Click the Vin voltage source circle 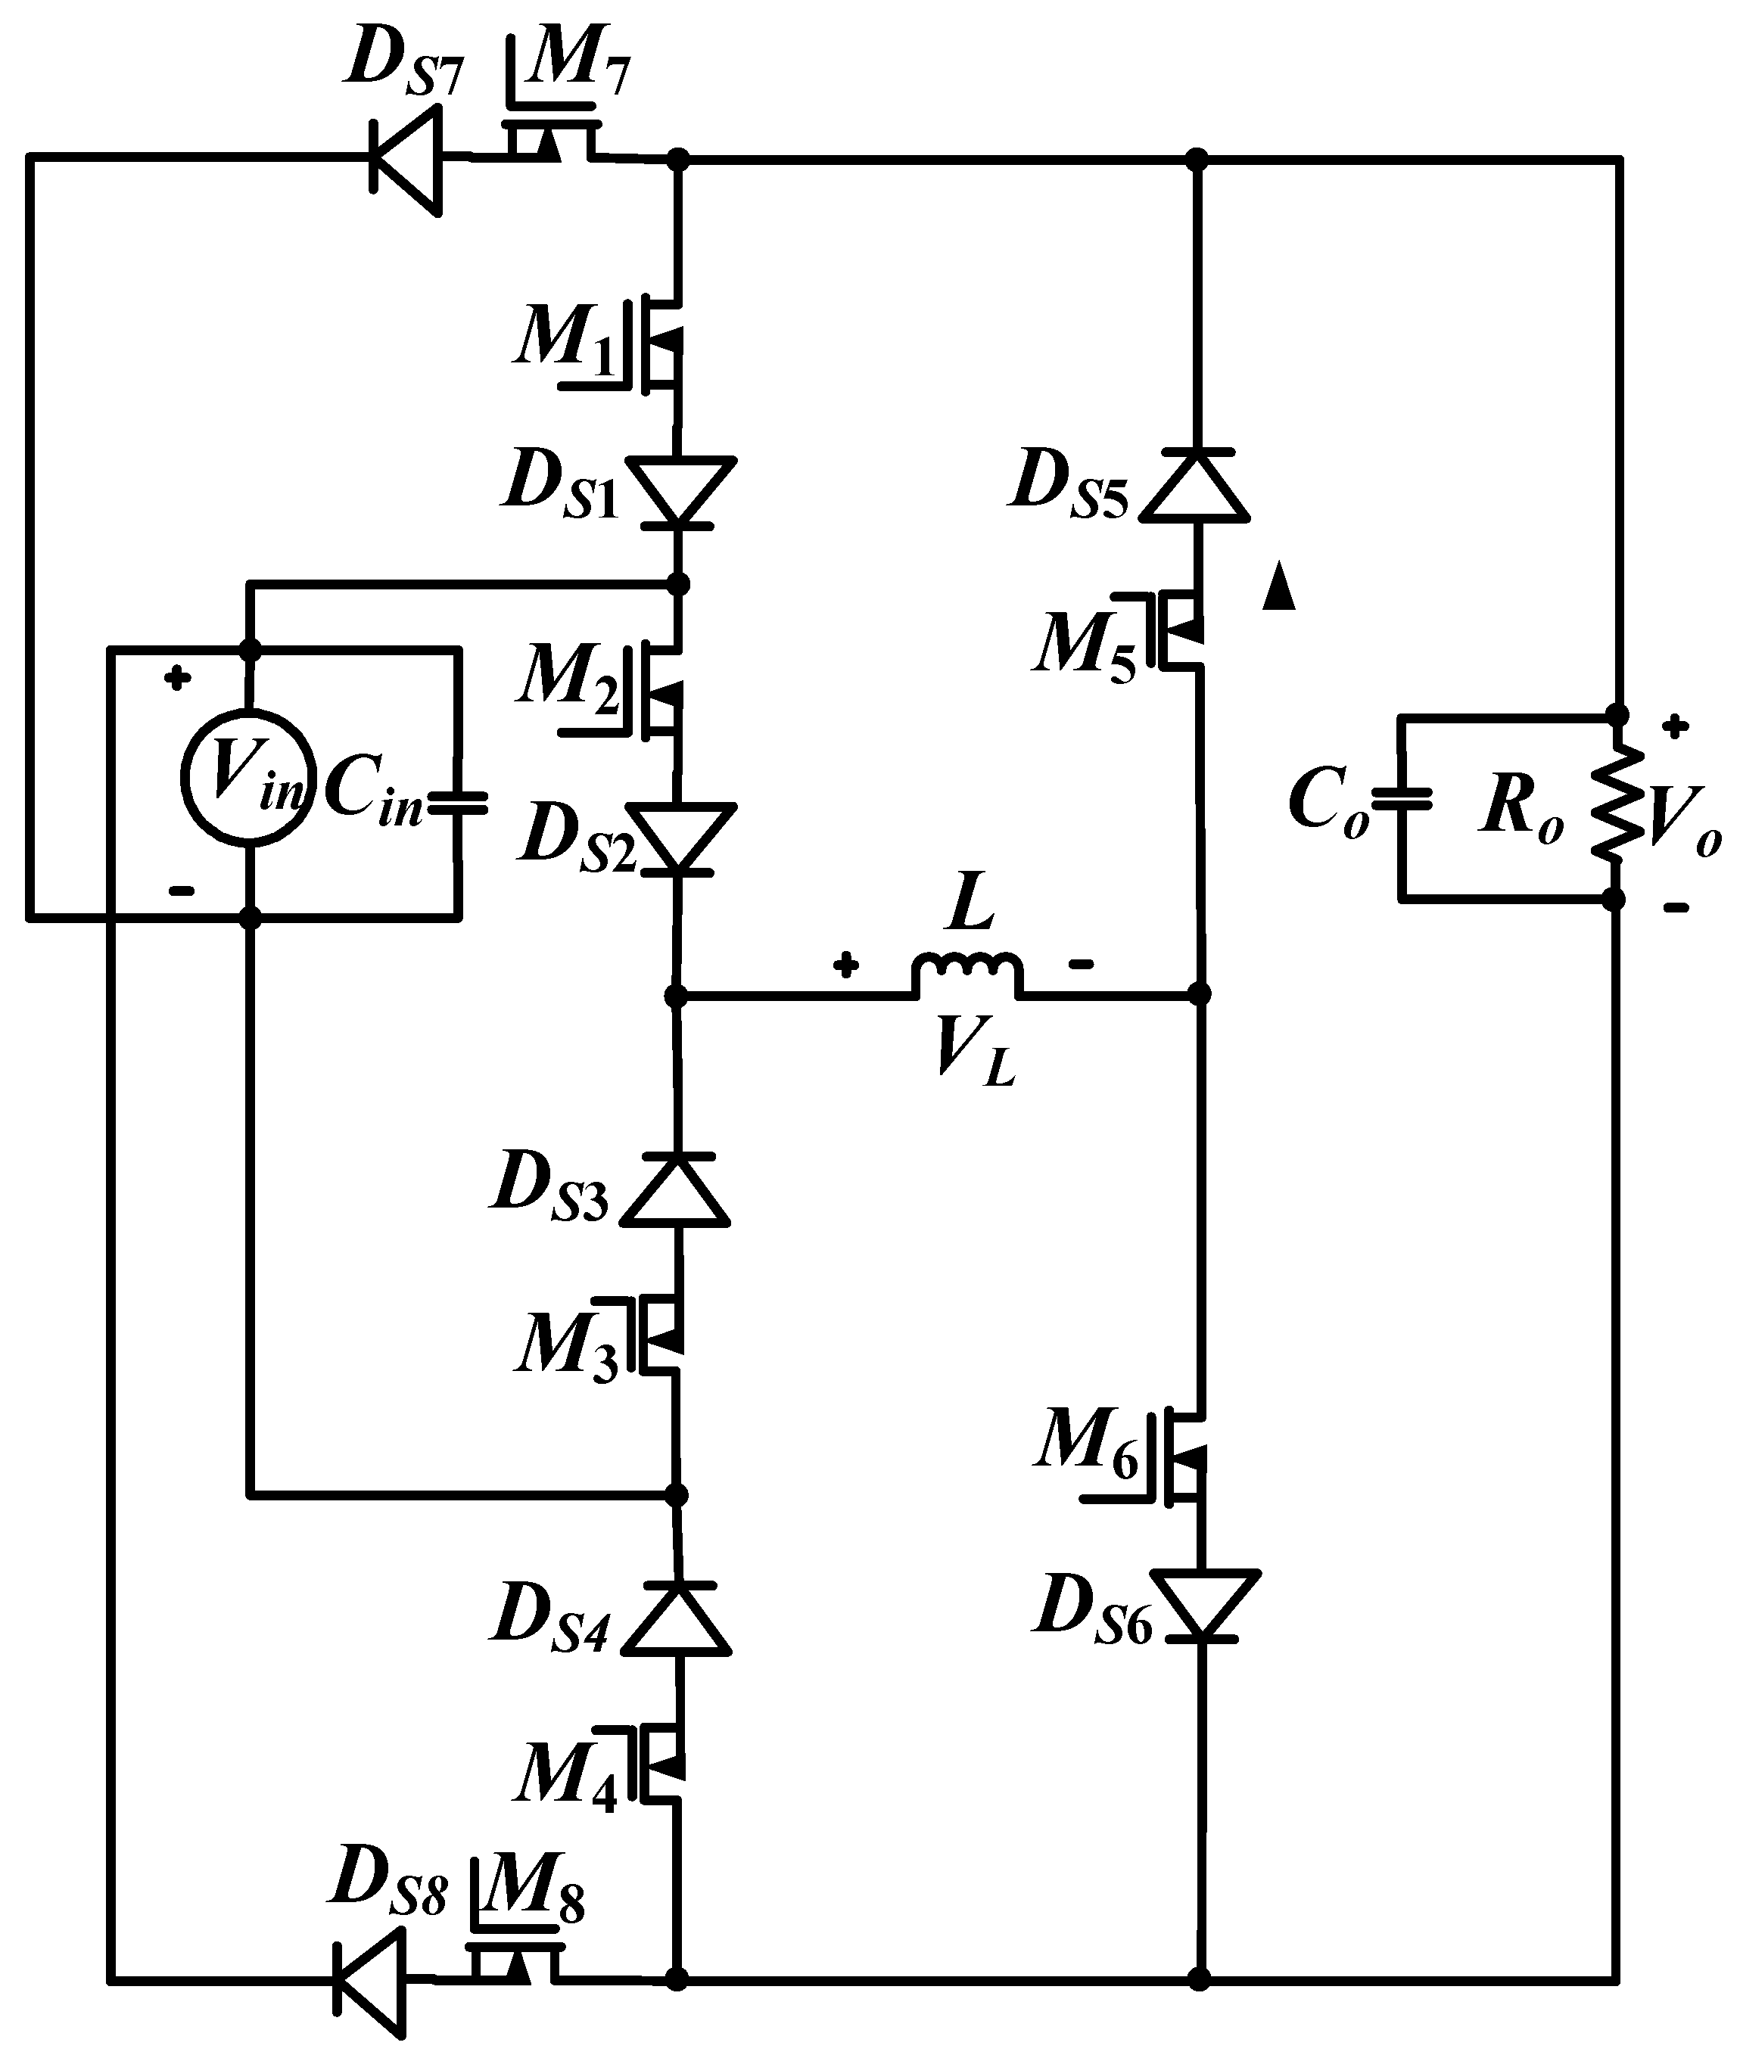pyautogui.click(x=248, y=776)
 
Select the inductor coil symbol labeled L pyautogui.click(x=966, y=971)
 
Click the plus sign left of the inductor pyautogui.click(x=845, y=965)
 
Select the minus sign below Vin pyautogui.click(x=182, y=891)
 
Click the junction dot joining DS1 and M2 pyautogui.click(x=677, y=585)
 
